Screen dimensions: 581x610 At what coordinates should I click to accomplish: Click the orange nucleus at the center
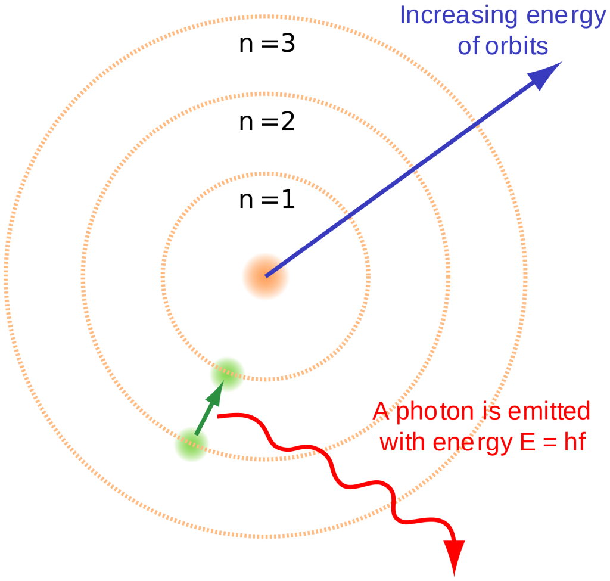pos(265,276)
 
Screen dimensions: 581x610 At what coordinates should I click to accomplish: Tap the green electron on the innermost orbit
pos(227,374)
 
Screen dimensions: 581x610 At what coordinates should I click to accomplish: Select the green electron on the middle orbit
pos(192,445)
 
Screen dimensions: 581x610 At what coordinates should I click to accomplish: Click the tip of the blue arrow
pos(562,61)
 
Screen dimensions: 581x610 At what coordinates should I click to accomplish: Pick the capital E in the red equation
pos(528,442)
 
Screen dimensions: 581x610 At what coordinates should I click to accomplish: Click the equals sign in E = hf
pos(550,443)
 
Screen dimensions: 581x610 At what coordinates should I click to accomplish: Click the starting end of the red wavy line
pos(219,417)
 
